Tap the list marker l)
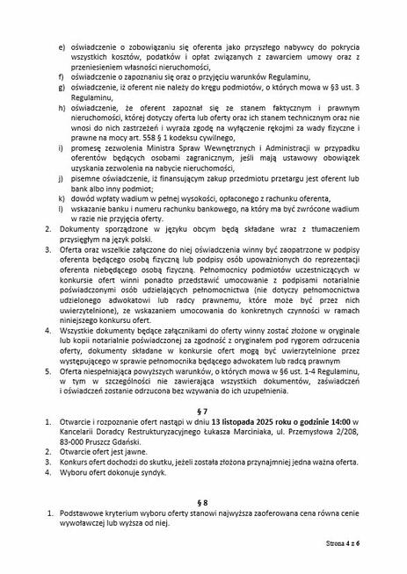point(61,212)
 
